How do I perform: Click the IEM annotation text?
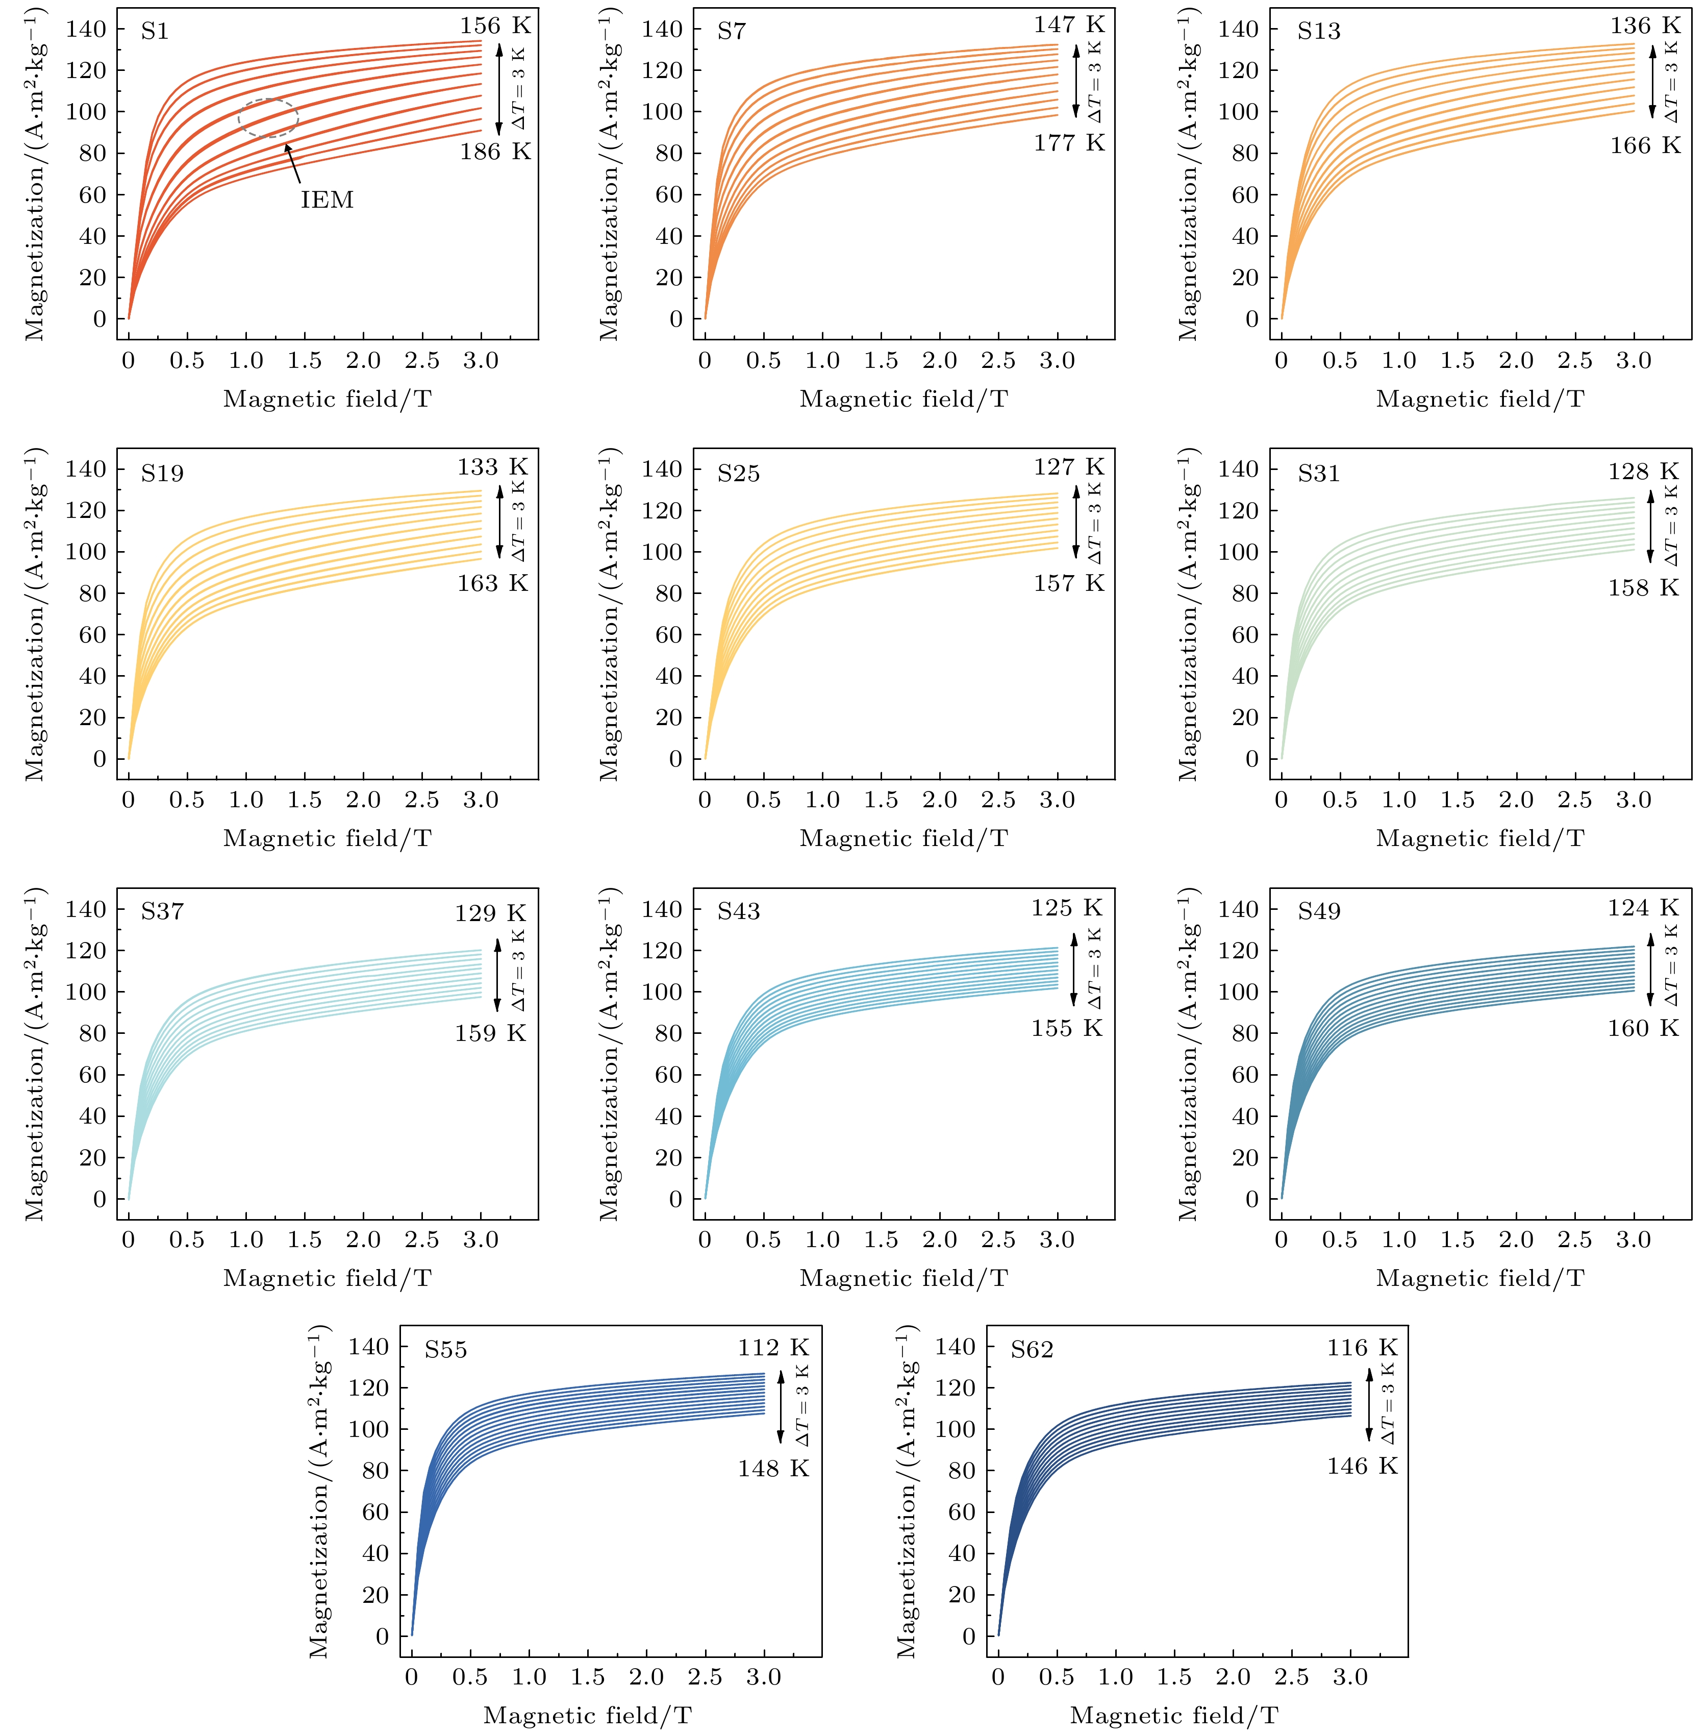pyautogui.click(x=327, y=199)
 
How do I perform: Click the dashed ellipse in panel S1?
pyautogui.click(x=267, y=118)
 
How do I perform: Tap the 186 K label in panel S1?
pyautogui.click(x=495, y=152)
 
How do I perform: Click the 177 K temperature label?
pyautogui.click(x=1069, y=142)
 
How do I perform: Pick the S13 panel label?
pyautogui.click(x=1319, y=31)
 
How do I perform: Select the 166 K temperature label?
pyautogui.click(x=1644, y=145)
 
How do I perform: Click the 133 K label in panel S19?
pyautogui.click(x=492, y=467)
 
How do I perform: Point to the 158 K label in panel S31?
pyautogui.click(x=1642, y=587)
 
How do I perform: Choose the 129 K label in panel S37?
pyautogui.click(x=490, y=913)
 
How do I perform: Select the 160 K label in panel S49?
pyautogui.click(x=1642, y=1028)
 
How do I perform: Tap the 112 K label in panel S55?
pyautogui.click(x=773, y=1348)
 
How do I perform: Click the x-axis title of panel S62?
pyautogui.click(x=1173, y=1715)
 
